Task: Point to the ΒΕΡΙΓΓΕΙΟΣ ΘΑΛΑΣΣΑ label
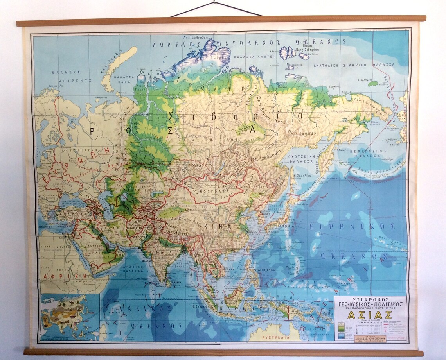(x=367, y=153)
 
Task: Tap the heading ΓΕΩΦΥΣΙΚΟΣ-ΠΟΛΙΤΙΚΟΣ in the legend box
(x=370, y=304)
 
